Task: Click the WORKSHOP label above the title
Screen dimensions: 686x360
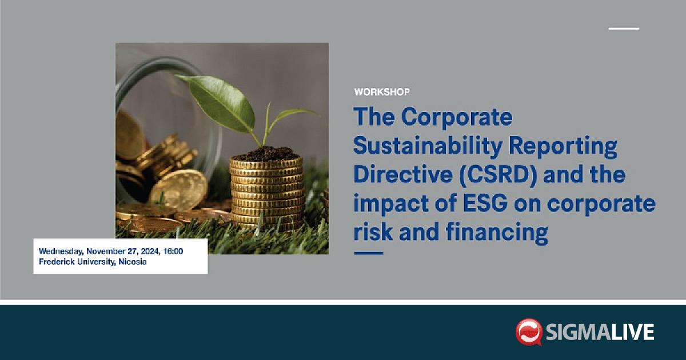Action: click(x=382, y=92)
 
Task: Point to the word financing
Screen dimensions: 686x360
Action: click(x=497, y=233)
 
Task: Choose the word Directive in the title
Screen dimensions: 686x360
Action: click(x=402, y=174)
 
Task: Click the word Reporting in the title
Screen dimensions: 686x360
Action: click(x=563, y=146)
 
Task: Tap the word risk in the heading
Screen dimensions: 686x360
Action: click(x=373, y=232)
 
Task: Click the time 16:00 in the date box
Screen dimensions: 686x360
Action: click(x=173, y=251)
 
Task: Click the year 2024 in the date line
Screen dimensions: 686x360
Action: click(x=150, y=251)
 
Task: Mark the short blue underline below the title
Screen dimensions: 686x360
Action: click(x=369, y=253)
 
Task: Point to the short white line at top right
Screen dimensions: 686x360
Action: click(x=624, y=29)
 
